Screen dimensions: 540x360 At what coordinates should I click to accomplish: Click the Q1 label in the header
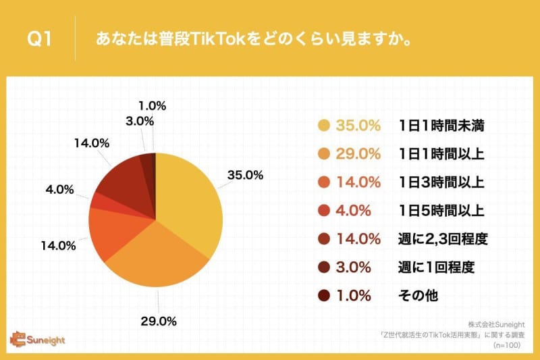point(39,38)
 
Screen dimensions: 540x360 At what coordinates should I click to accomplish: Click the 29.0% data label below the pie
point(159,321)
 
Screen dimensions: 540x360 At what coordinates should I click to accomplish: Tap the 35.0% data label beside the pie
point(245,175)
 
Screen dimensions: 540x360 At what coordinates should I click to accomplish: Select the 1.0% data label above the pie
point(153,106)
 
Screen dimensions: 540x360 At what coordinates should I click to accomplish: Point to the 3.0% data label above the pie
point(140,121)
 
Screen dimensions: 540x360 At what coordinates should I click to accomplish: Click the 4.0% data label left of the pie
point(59,189)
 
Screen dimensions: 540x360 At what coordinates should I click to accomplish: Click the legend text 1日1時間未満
point(441,126)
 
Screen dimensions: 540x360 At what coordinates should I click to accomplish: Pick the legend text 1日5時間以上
point(441,211)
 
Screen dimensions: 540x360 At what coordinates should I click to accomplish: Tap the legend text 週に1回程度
point(436,267)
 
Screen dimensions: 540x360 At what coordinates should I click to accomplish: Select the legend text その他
point(418,296)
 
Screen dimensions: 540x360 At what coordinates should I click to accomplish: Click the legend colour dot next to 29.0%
point(324,153)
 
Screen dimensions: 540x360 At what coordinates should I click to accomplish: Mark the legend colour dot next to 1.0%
point(324,296)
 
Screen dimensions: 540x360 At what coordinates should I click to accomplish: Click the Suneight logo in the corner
point(37,339)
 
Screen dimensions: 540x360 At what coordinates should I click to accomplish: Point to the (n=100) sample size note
point(507,345)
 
